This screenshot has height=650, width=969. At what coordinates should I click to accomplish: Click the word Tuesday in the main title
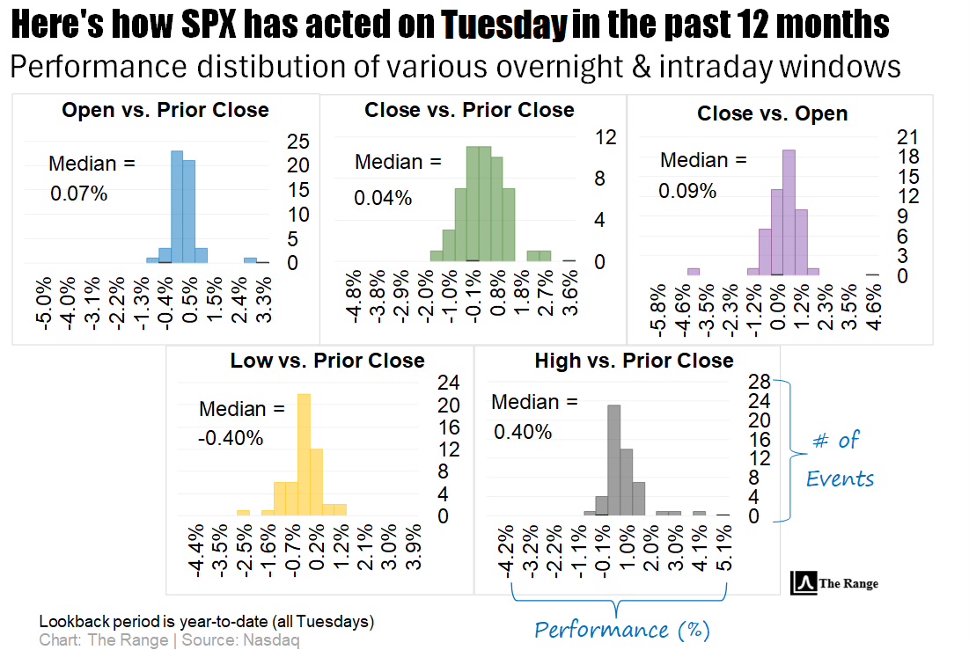(504, 26)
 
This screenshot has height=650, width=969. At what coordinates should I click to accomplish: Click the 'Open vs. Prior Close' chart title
(165, 110)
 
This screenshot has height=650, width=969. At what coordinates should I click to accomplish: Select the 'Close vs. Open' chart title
(772, 113)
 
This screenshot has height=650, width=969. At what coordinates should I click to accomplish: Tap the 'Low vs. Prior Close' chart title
(327, 361)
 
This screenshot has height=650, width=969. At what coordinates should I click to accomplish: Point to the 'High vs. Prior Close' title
(634, 361)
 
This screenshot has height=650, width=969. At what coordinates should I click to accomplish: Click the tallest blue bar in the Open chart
(176, 207)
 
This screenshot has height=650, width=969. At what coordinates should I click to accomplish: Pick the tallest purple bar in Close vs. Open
(789, 211)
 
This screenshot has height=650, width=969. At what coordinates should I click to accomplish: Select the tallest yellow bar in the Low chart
(305, 453)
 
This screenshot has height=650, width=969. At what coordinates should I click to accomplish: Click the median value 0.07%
(79, 194)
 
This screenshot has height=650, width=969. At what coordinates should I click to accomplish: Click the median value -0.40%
(231, 437)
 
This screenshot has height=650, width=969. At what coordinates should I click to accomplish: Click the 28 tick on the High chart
(759, 382)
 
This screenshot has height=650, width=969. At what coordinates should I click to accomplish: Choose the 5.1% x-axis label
(723, 551)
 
